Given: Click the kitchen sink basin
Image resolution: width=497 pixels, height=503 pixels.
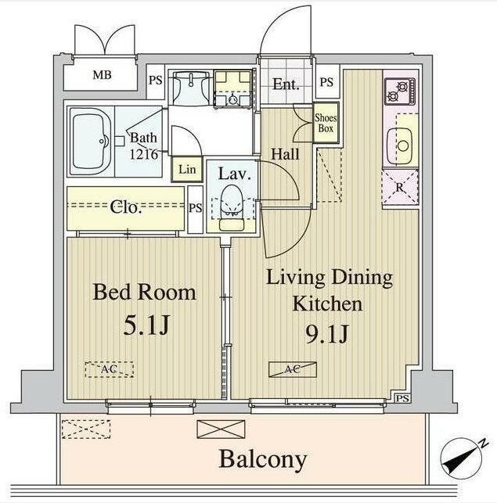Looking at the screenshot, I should tap(402, 144).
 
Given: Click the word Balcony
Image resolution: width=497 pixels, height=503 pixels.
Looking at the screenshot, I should tap(262, 459).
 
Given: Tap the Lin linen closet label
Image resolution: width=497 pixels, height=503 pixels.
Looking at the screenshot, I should tap(186, 169).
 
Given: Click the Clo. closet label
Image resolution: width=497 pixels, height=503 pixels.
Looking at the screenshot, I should tap(125, 208).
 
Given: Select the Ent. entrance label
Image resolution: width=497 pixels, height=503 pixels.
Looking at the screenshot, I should tap(286, 84).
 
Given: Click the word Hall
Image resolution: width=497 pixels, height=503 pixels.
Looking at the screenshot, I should tap(286, 154).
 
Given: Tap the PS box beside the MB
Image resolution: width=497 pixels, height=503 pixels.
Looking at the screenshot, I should tap(156, 80).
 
